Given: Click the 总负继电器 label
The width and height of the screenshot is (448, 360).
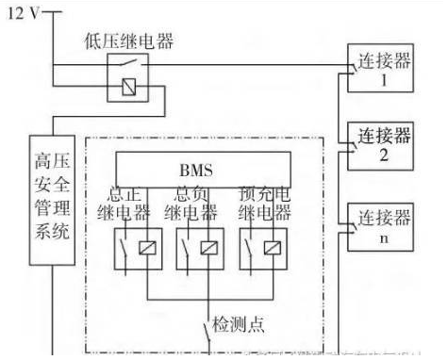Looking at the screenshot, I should (194, 205).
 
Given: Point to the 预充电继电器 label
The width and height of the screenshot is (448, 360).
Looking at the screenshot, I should (260, 205).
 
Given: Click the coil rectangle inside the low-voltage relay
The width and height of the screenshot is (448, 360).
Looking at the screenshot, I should (124, 88).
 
